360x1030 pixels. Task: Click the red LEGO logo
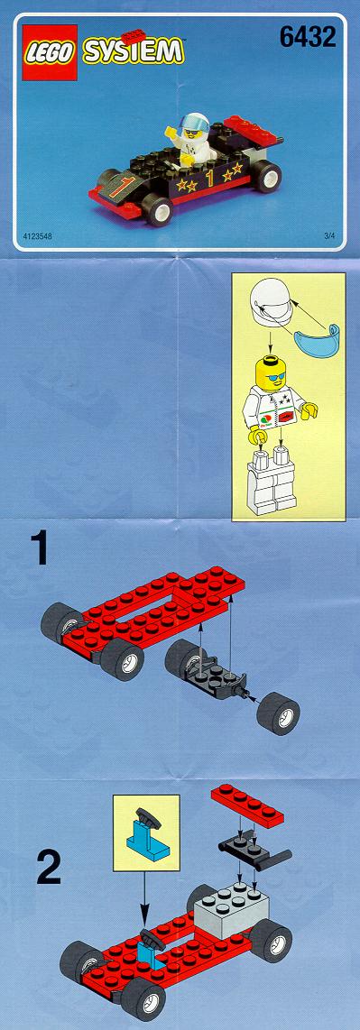50,52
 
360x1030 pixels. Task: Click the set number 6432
308,37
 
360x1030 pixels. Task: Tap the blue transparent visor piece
312,345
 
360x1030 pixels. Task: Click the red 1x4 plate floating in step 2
247,806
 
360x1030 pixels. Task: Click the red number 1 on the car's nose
119,187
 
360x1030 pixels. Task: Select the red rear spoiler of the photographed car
253,130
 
